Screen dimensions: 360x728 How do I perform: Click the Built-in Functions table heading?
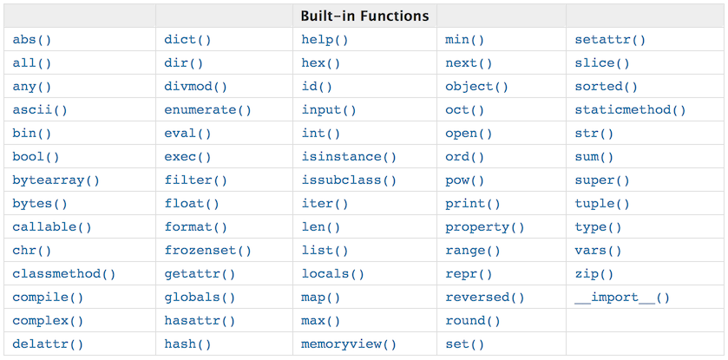364,16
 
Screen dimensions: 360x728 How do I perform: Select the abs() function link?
32,40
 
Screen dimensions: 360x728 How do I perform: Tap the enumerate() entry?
207,110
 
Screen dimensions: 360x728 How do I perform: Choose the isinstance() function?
349,157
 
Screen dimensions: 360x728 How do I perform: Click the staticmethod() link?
630,110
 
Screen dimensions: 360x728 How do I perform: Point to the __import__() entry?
622,298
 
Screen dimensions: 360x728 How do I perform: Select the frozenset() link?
207,251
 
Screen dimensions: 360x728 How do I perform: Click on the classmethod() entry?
64,274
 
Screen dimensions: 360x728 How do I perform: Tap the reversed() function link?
485,298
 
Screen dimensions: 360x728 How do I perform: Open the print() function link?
473,204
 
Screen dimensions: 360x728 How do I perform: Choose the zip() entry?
594,274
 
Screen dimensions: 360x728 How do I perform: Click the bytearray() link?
56,180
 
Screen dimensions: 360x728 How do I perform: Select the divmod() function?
195,87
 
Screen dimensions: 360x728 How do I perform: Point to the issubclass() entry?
349,180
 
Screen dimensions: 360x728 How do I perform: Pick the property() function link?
485,227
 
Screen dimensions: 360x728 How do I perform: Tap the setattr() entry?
610,40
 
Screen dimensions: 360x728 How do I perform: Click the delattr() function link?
48,344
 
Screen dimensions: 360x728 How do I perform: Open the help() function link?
325,40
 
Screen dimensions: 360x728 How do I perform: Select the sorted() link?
606,87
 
